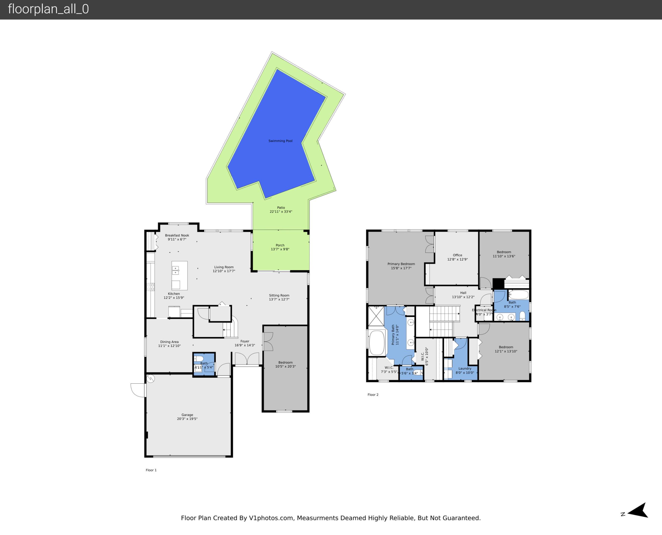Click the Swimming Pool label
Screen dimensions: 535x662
280,141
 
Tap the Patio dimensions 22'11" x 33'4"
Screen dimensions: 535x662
281,212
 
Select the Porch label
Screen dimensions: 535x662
280,245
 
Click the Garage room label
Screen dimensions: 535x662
187,415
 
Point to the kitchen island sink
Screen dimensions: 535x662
175,270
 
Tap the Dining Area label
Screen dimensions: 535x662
169,342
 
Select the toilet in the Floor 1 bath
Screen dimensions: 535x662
198,359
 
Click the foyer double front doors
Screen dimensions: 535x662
247,359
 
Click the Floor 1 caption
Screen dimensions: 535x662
151,470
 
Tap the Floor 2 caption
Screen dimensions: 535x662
373,395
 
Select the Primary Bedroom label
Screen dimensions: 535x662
401,264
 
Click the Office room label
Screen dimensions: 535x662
457,255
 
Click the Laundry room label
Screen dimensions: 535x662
465,368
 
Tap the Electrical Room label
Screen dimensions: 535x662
484,310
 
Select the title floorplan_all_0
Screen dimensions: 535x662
48,9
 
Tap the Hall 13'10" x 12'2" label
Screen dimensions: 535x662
463,295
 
